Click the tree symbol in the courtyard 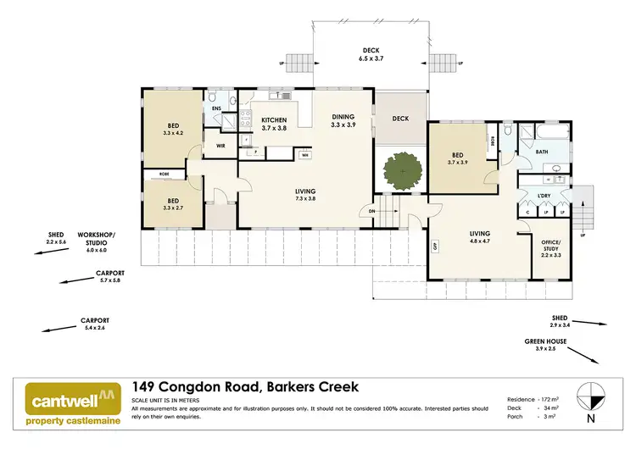(x=402, y=170)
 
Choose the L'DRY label (x=545, y=197)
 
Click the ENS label (x=216, y=109)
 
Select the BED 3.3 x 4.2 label (x=173, y=129)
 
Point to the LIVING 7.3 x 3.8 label (x=305, y=194)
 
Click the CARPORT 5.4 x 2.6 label (x=96, y=323)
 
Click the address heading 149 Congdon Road (x=245, y=387)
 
